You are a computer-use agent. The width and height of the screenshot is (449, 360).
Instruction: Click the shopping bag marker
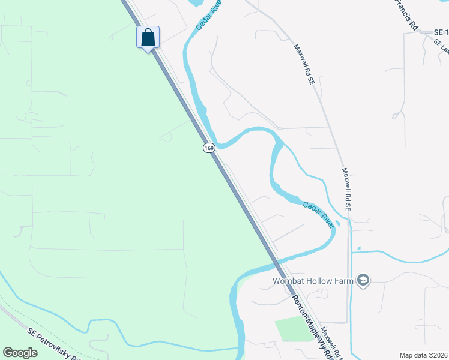click(x=148, y=38)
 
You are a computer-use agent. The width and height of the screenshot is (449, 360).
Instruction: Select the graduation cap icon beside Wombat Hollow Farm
click(x=363, y=280)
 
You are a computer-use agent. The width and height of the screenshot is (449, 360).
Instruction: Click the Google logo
click(x=20, y=353)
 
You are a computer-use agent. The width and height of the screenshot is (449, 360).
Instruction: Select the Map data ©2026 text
click(x=423, y=355)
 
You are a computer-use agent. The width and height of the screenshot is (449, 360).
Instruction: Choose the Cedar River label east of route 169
click(x=318, y=214)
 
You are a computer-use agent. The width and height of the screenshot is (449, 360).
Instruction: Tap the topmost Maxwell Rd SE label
click(x=304, y=64)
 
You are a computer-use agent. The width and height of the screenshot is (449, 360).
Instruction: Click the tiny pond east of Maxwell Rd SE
click(x=359, y=248)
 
